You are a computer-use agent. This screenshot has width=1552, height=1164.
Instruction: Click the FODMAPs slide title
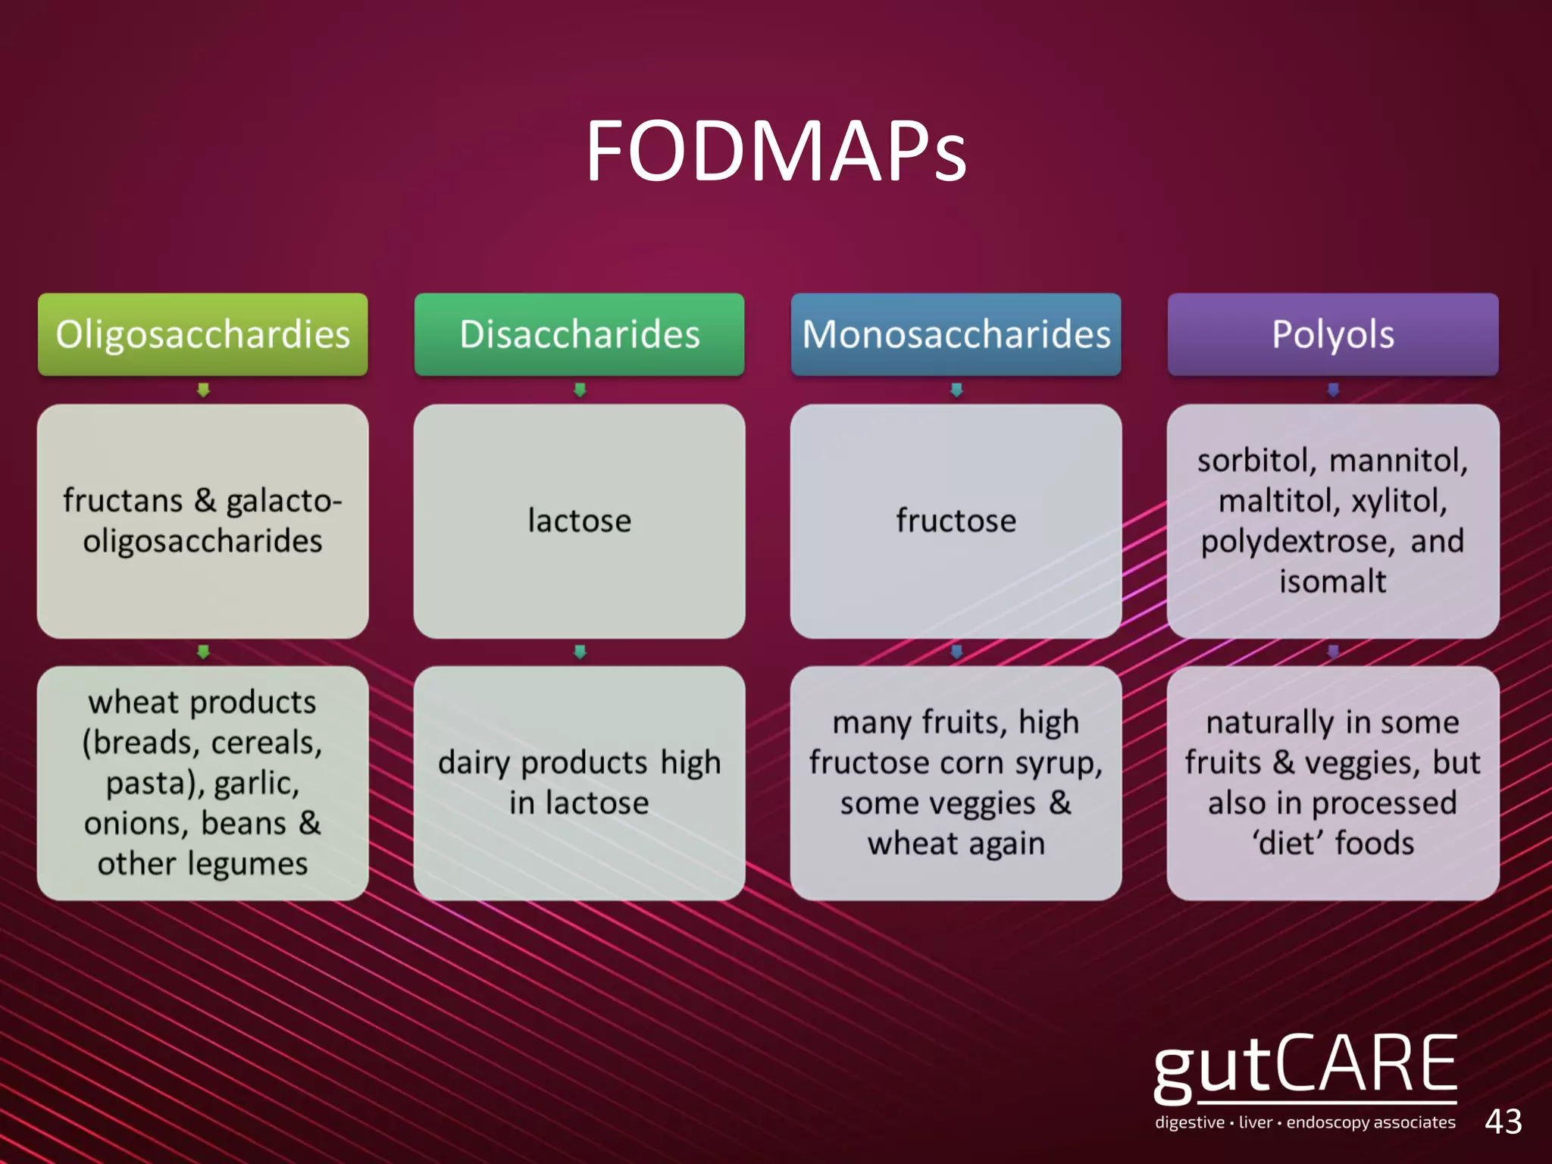776,151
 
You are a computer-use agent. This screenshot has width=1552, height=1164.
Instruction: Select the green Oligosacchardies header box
202,334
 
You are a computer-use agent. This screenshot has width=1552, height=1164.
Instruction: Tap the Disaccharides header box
579,334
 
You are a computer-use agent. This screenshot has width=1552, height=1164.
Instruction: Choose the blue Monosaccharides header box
956,334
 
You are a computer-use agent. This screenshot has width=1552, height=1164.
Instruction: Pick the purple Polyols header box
1333,334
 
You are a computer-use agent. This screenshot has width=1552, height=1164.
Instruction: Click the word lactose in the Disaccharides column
579,521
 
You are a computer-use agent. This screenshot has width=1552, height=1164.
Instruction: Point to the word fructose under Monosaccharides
956,521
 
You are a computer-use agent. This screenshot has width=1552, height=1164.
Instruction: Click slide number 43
1503,1122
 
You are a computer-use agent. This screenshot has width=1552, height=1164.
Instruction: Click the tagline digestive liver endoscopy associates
1305,1122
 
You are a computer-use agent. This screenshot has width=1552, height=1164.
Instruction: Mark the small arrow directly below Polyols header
1333,390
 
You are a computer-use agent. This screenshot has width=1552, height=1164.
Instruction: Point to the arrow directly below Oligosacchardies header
202,390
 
